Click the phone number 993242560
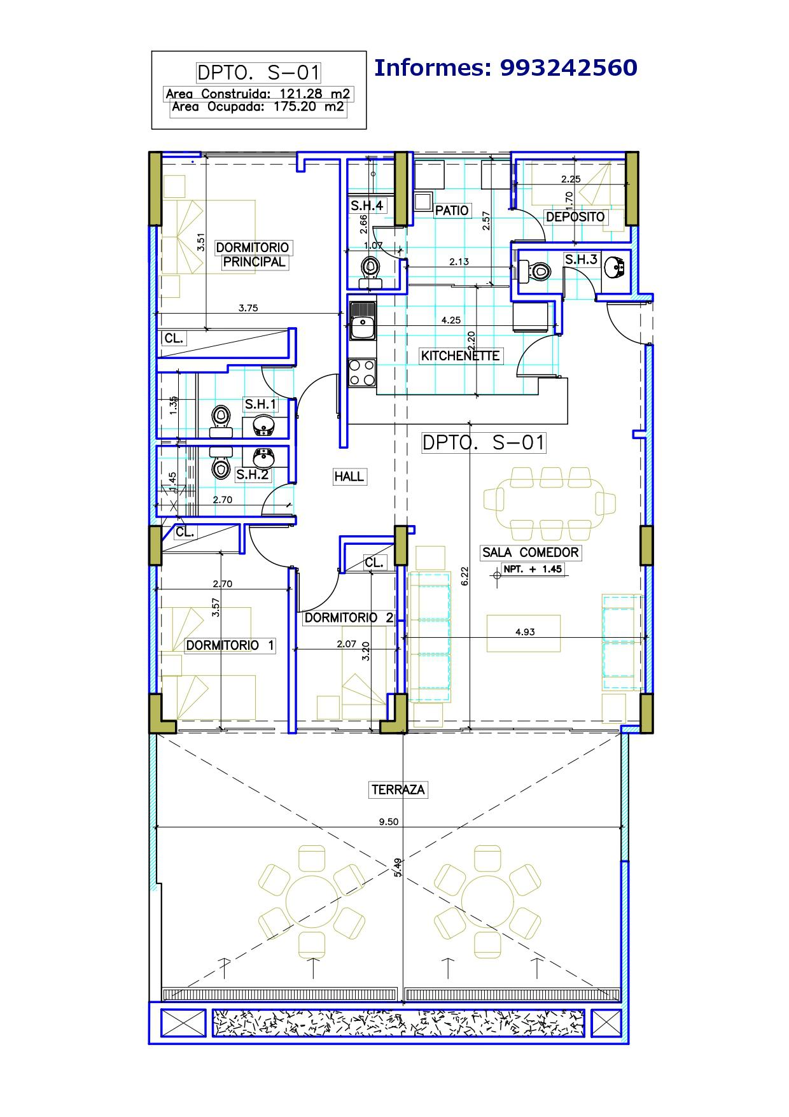(x=569, y=67)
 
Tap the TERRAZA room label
(x=398, y=790)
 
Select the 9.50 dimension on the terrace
(x=388, y=822)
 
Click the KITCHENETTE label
(x=460, y=356)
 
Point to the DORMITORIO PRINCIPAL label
(x=253, y=255)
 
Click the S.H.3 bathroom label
(x=581, y=259)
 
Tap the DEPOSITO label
(x=575, y=217)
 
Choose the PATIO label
(x=452, y=210)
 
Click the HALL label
(x=349, y=476)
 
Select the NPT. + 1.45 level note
(x=533, y=569)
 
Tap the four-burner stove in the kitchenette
(x=362, y=373)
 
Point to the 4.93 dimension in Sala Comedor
(x=525, y=632)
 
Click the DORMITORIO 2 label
(x=349, y=617)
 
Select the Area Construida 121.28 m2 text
(x=258, y=94)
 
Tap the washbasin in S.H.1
(x=262, y=426)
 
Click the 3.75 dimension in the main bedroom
(x=248, y=308)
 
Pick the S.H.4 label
(x=367, y=206)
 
